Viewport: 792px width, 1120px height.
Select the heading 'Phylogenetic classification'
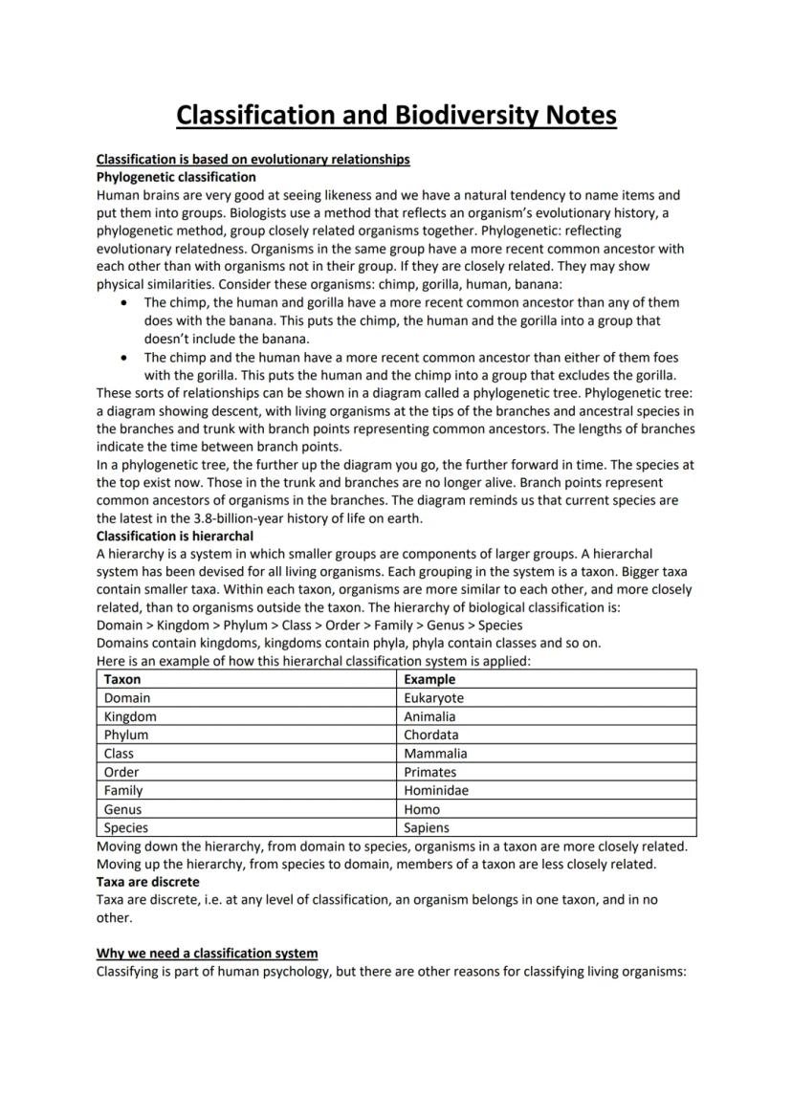pos(176,177)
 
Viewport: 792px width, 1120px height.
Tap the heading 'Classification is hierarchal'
pos(175,536)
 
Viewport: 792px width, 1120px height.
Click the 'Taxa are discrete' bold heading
pos(148,882)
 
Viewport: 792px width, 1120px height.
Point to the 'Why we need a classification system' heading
pos(207,954)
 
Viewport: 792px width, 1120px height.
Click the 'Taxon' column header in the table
pos(122,679)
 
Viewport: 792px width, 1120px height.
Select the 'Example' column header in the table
pos(429,679)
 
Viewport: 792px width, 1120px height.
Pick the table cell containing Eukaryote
pos(433,698)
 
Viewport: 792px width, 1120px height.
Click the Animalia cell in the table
pos(429,716)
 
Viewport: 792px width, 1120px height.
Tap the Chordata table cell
pos(430,735)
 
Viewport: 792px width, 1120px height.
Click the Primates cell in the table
pos(429,772)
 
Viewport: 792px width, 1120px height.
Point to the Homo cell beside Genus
pos(422,809)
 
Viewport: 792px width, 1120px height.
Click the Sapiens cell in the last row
pos(426,827)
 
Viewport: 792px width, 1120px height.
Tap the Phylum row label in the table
pos(126,735)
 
